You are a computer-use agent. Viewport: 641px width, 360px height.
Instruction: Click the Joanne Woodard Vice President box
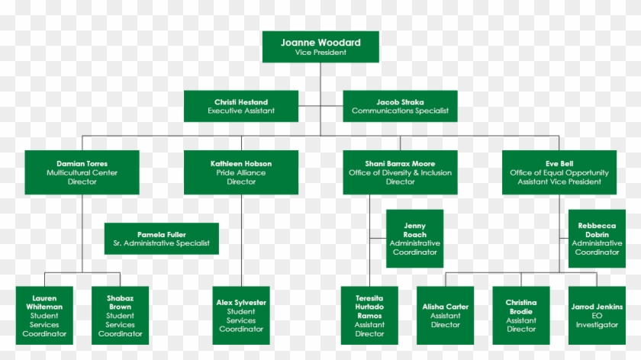[320, 47]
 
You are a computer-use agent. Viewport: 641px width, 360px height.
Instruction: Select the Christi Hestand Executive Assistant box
[241, 106]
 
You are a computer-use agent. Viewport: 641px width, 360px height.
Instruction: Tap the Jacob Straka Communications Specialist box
[400, 106]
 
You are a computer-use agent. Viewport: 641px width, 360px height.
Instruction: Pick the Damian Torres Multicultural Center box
[82, 172]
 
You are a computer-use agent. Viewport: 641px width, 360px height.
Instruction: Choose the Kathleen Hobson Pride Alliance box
[241, 172]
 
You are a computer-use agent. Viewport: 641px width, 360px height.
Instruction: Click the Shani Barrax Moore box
[400, 172]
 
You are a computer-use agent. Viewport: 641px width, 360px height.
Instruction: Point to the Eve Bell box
[559, 172]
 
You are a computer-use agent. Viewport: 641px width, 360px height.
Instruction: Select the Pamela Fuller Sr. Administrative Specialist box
[161, 239]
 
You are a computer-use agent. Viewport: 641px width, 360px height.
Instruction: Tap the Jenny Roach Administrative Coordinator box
[414, 239]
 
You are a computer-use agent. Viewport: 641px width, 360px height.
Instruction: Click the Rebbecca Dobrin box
[597, 239]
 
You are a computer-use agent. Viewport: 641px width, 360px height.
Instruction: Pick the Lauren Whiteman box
[44, 316]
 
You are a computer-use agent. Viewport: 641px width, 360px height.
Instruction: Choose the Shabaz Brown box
[120, 316]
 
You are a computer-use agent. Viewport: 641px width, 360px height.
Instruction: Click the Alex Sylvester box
[241, 316]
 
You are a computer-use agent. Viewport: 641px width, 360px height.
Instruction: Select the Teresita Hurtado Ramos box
[369, 316]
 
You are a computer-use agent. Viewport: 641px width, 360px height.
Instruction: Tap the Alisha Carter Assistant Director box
[445, 316]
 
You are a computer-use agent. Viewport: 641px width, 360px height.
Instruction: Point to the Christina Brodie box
[521, 316]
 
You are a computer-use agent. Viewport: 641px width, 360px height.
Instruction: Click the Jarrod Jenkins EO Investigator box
[597, 316]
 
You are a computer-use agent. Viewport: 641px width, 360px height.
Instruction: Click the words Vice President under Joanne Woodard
[320, 53]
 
